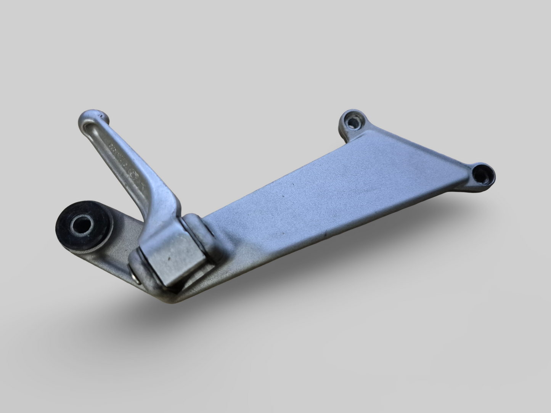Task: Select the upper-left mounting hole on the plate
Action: [x=353, y=123]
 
